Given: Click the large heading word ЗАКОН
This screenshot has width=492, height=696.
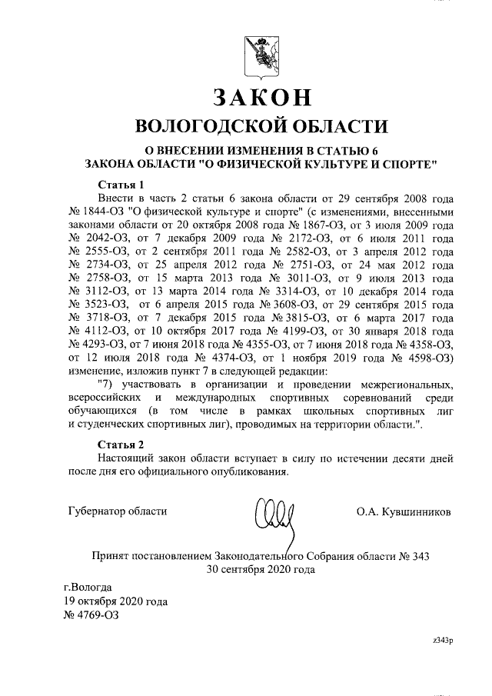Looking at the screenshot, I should tap(261, 97).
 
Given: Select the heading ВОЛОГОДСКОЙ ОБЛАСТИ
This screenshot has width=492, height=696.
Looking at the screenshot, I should tap(261, 126).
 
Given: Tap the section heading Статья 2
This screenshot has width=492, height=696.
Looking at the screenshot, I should tap(121, 445).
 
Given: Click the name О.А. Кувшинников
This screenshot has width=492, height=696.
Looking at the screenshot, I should tap(404, 511).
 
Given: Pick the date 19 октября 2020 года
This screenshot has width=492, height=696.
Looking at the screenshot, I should tap(116, 601).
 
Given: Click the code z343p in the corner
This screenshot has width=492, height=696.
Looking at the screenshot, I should tap(443, 640).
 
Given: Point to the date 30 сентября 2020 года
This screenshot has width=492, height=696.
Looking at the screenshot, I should tap(261, 570).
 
